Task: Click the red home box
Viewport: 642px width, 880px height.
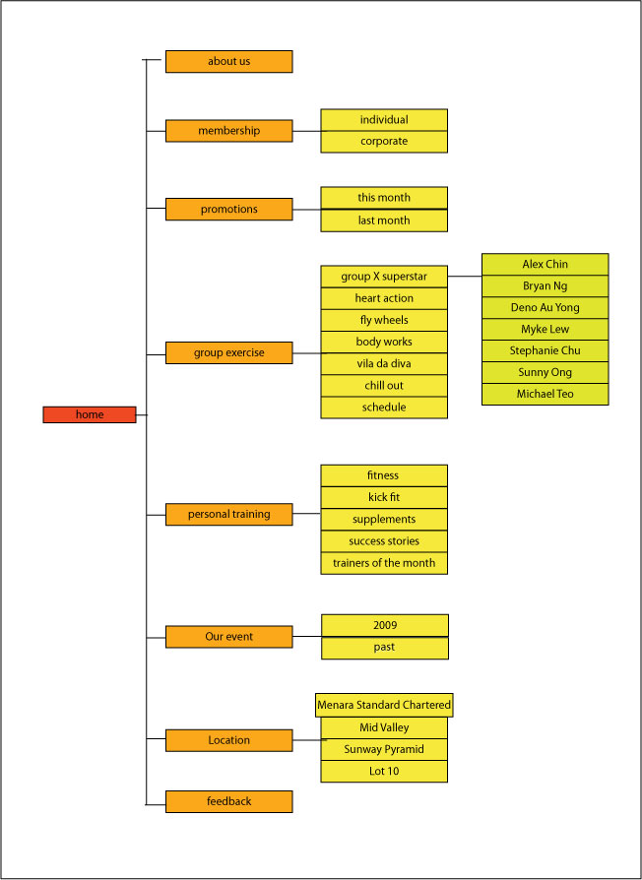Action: [90, 414]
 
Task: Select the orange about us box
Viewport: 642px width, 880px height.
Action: [228, 61]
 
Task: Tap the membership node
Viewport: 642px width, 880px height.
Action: [228, 131]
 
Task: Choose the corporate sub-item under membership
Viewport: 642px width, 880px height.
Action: [384, 142]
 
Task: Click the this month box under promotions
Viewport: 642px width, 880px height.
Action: [384, 198]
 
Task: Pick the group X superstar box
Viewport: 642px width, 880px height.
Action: [384, 277]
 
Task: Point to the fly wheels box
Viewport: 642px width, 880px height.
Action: [384, 320]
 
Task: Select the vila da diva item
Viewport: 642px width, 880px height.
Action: [384, 363]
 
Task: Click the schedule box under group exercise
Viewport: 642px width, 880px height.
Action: [384, 408]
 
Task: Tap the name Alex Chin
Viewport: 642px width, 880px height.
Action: [545, 265]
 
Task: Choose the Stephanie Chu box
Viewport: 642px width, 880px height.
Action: [545, 350]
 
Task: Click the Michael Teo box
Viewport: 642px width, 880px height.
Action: [545, 394]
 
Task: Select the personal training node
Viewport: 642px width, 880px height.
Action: [228, 514]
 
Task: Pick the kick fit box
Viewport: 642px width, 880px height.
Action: [384, 497]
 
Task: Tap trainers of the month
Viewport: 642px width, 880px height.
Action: [384, 563]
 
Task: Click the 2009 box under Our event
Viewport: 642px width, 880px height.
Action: [385, 625]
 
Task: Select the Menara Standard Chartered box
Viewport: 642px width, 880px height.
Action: [384, 705]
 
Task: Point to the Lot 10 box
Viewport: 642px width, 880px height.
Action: [384, 771]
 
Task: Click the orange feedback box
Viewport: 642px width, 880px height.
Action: [228, 801]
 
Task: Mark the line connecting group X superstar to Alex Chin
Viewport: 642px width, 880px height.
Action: [465, 277]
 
